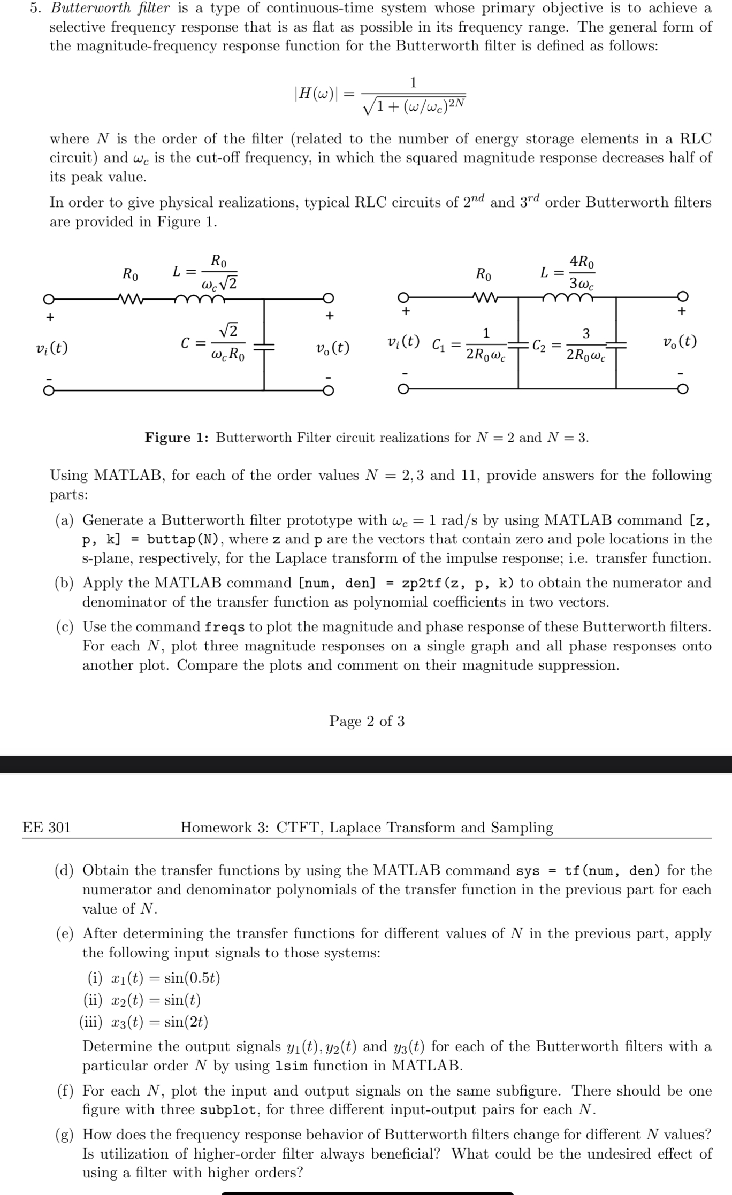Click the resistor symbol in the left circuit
130,298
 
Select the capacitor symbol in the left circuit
263,347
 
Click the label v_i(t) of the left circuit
51,348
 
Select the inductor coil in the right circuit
567,297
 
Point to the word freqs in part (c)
225,627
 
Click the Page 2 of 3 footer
367,721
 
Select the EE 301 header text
47,828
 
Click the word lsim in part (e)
291,1066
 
